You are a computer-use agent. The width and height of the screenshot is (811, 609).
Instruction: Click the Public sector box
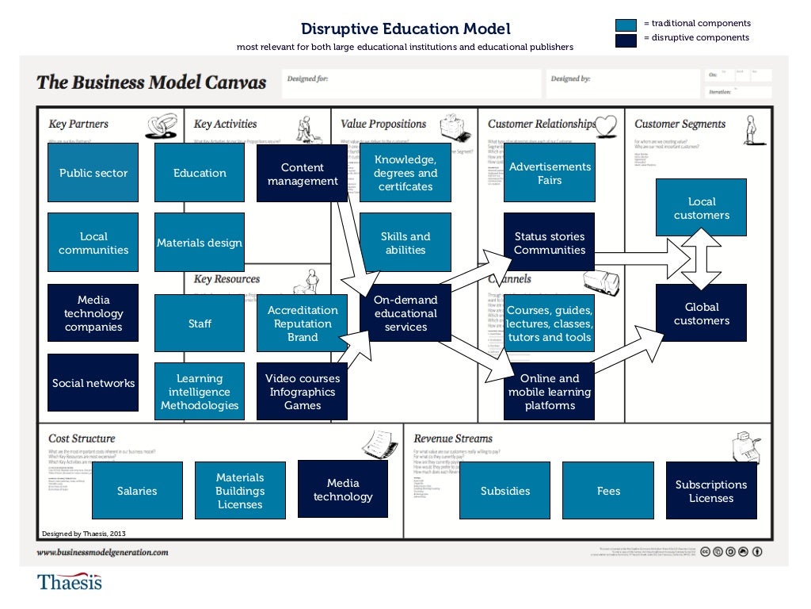pyautogui.click(x=93, y=173)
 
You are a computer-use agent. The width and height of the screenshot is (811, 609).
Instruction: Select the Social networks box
pyautogui.click(x=93, y=383)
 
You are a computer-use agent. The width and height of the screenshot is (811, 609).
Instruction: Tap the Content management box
pyautogui.click(x=303, y=174)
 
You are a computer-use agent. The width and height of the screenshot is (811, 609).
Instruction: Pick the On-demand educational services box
pyautogui.click(x=405, y=313)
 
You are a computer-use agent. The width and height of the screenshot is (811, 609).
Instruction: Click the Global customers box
pyautogui.click(x=701, y=313)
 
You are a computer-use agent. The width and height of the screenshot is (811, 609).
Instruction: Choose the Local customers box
pyautogui.click(x=701, y=208)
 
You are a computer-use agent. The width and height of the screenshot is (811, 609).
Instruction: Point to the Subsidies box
pyautogui.click(x=505, y=491)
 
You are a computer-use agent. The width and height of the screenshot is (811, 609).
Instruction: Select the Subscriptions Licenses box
pyautogui.click(x=711, y=491)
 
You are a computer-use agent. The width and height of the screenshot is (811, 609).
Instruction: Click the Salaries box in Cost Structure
pyautogui.click(x=137, y=491)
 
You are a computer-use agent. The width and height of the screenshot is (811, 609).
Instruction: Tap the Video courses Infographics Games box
pyautogui.click(x=303, y=392)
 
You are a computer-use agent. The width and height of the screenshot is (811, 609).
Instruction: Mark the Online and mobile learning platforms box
pyautogui.click(x=550, y=392)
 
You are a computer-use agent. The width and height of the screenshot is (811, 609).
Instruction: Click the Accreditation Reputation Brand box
pyautogui.click(x=303, y=324)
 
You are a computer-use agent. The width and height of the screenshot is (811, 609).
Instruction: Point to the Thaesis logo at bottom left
pyautogui.click(x=70, y=582)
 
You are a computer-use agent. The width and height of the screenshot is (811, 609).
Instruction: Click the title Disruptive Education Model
pyautogui.click(x=405, y=29)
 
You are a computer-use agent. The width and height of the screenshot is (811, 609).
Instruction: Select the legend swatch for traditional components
pyautogui.click(x=626, y=24)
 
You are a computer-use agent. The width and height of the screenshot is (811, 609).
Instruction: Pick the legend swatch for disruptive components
pyautogui.click(x=626, y=39)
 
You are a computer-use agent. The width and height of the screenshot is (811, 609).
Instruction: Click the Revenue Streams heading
pyautogui.click(x=453, y=439)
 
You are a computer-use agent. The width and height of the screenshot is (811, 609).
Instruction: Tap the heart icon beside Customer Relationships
pyautogui.click(x=606, y=125)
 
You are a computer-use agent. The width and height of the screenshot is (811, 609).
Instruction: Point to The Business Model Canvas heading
pyautogui.click(x=151, y=82)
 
